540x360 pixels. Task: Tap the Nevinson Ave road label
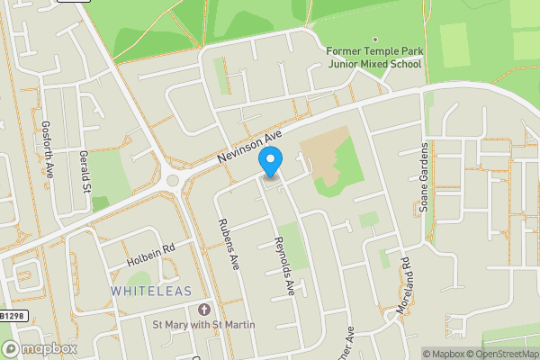pyautogui.click(x=250, y=147)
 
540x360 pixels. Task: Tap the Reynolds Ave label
pyautogui.click(x=283, y=267)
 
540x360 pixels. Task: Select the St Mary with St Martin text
pyautogui.click(x=203, y=324)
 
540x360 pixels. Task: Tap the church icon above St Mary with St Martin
pyautogui.click(x=203, y=308)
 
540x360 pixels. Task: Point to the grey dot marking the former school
pyautogui.click(x=386, y=76)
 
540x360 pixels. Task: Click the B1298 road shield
pyautogui.click(x=11, y=316)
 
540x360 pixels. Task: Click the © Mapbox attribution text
pyautogui.click(x=443, y=354)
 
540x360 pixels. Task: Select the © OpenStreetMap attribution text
pyautogui.click(x=502, y=354)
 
